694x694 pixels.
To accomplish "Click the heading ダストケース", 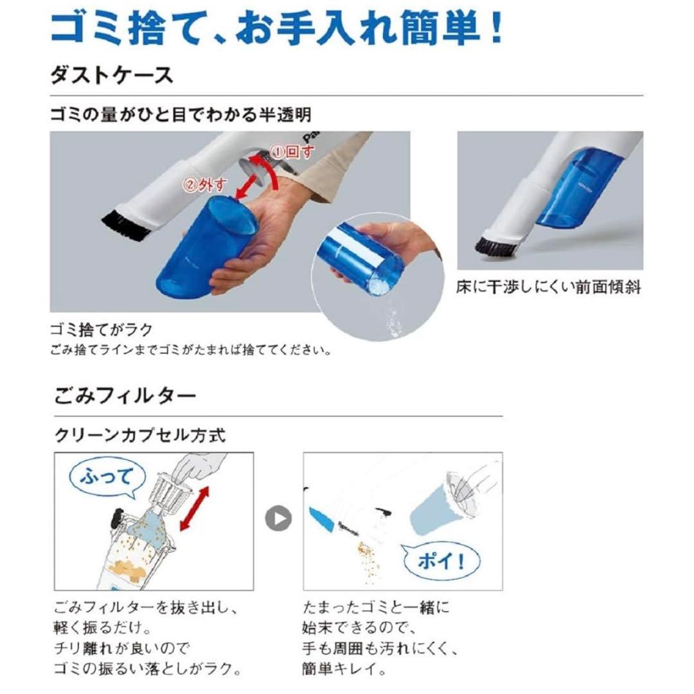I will (x=112, y=75).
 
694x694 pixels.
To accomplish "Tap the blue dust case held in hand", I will (x=199, y=251).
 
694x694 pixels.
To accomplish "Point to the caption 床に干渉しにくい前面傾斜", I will (x=549, y=287).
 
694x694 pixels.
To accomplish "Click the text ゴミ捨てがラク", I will (x=102, y=330).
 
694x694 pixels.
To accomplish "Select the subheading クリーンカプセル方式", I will (x=140, y=435).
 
